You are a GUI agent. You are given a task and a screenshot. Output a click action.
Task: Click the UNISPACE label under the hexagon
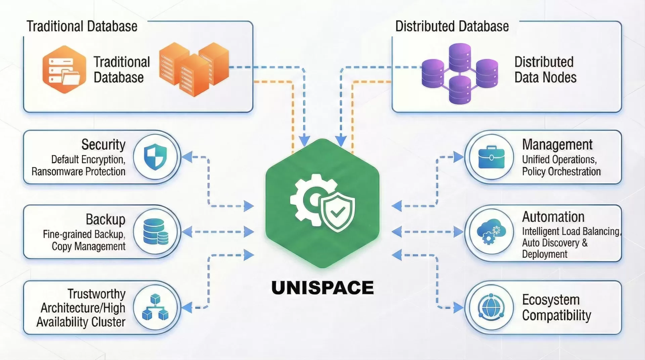coord(322,288)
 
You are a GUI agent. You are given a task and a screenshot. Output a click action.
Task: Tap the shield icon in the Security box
coord(155,157)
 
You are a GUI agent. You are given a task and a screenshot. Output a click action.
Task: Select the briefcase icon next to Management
coord(491,157)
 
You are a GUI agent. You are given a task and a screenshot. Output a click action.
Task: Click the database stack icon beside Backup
coord(155,232)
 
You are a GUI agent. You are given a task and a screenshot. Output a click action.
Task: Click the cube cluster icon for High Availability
coord(155,307)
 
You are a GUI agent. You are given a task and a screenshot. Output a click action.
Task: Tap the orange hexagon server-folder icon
coord(64,70)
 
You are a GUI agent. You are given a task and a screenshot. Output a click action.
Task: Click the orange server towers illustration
coord(194,69)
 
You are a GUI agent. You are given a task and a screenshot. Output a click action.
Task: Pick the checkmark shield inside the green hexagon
coord(338,212)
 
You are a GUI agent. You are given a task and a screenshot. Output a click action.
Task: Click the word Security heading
coord(103,145)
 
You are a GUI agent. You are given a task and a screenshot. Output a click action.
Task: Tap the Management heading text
coord(557,145)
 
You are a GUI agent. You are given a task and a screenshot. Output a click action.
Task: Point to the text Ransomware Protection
coord(78,172)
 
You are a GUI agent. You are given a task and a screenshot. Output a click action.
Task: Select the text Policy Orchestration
coord(561,172)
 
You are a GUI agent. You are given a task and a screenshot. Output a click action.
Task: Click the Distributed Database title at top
coord(452,26)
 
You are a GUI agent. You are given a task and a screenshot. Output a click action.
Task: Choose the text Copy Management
coord(88,246)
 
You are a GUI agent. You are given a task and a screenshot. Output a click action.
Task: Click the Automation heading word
coord(553,217)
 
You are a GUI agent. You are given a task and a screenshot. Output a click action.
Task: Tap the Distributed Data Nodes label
coord(545,70)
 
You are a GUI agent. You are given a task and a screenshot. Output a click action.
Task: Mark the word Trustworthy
coord(96,294)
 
